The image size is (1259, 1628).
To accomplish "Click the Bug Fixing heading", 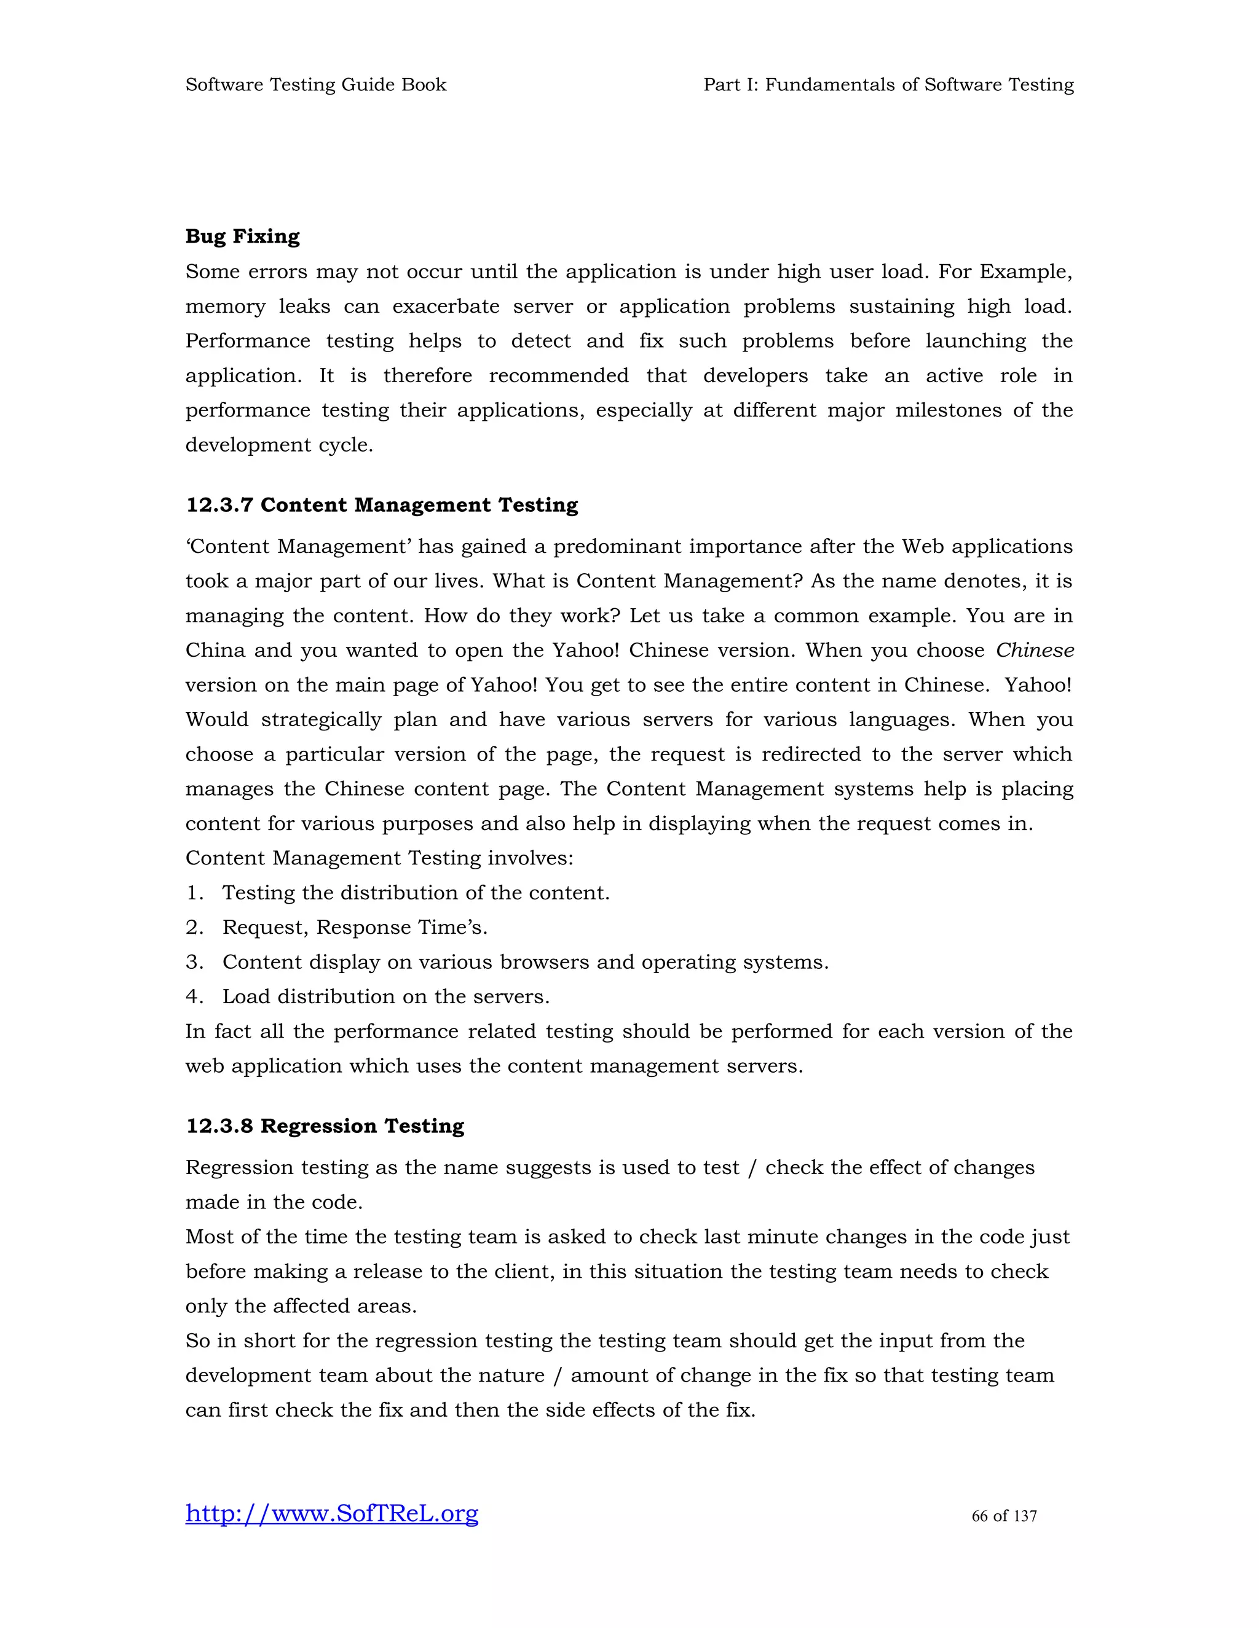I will [242, 237].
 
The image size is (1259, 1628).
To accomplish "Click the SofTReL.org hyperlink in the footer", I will [332, 1513].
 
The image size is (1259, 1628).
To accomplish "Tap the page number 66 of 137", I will [1003, 1516].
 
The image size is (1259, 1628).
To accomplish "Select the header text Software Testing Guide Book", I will [315, 85].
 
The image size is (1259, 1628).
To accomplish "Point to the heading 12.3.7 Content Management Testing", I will [381, 506].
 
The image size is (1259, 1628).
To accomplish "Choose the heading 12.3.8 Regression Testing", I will [325, 1126].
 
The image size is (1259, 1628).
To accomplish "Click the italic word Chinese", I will [1035, 651].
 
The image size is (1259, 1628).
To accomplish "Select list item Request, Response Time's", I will [354, 928].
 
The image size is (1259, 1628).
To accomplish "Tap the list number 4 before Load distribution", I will [193, 997].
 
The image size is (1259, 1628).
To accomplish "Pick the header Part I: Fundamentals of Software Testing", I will [888, 85].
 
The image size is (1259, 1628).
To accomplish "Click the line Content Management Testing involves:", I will [379, 859].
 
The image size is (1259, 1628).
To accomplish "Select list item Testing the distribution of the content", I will [416, 893].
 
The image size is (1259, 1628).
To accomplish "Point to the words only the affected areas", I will [301, 1306].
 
